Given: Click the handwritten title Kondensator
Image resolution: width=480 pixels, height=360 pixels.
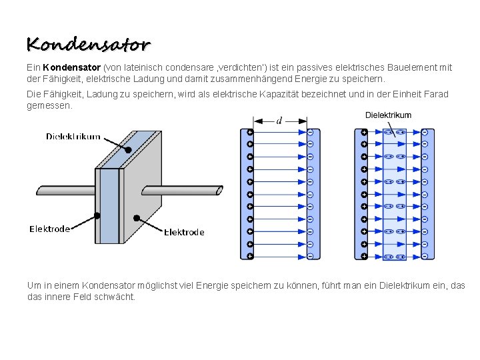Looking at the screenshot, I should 89,45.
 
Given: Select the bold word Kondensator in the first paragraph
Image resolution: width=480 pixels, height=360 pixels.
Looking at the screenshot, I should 71,67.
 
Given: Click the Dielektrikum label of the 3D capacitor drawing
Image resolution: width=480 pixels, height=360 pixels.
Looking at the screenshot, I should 73,137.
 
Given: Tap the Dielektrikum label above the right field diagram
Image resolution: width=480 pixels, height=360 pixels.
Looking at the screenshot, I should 388,115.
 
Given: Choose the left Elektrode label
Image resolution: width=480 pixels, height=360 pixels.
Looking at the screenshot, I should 49,229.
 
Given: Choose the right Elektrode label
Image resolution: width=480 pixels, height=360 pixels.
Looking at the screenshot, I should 184,232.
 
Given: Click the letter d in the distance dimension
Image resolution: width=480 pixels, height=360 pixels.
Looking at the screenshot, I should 279,121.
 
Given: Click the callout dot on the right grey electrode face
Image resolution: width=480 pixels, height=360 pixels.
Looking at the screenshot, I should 136,218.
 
